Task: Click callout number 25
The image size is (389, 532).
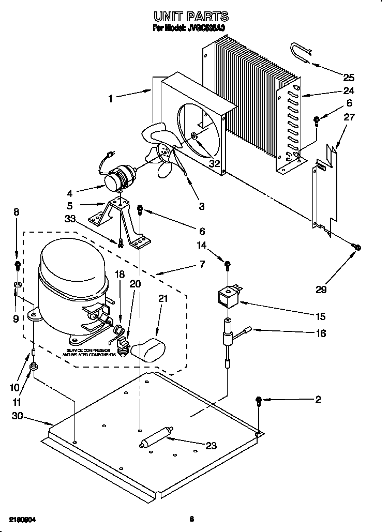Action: click(349, 78)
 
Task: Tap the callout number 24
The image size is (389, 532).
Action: click(349, 93)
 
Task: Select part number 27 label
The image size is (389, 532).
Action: click(349, 117)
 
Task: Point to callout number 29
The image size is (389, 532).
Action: click(321, 290)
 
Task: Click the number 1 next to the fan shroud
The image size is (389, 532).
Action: click(110, 98)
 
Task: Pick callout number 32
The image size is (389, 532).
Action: click(214, 164)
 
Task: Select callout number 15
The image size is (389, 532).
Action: click(321, 316)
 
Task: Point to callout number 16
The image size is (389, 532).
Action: click(321, 333)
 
